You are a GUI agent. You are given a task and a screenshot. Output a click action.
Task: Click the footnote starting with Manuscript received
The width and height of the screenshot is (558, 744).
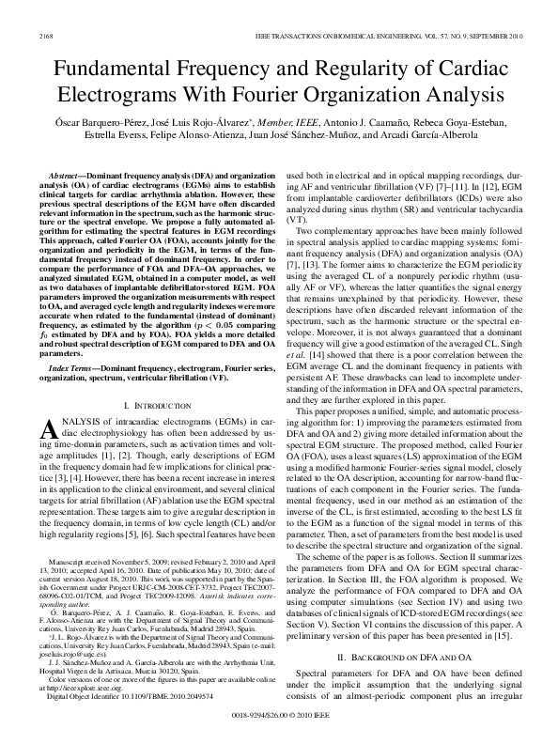[x=85, y=560]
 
